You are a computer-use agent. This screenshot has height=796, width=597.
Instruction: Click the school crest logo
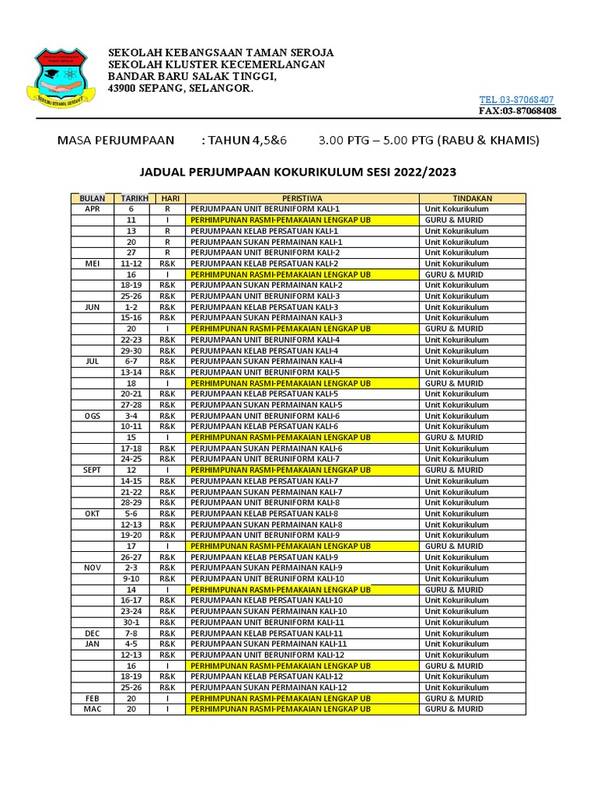coord(62,79)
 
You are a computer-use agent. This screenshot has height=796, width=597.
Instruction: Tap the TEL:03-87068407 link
coord(516,99)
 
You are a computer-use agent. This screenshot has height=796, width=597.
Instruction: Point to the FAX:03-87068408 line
coord(517,110)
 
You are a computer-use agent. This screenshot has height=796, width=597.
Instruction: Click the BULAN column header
coord(93,198)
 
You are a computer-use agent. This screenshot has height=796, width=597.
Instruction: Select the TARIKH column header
coord(131,198)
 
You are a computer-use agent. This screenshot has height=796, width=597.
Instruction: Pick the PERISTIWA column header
coord(302,198)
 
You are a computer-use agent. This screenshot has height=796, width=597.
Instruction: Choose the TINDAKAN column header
coord(473,198)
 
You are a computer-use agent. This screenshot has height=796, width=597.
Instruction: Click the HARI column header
coord(167,198)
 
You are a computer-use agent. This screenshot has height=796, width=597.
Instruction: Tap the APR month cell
coord(93,209)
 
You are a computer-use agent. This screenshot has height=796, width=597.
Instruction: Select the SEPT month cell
coord(93,470)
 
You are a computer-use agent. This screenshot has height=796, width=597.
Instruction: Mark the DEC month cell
coord(93,634)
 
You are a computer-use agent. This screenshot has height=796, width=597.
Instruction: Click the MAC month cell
coord(93,710)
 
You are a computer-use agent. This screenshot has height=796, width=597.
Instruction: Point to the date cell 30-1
coord(131,623)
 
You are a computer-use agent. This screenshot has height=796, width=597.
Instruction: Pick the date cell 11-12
coord(131,264)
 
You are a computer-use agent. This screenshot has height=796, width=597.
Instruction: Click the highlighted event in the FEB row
coord(281,699)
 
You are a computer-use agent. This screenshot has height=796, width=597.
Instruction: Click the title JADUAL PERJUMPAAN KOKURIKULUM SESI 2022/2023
coord(298,172)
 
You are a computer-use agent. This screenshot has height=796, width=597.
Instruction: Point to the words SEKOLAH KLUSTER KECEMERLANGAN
coord(216,65)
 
